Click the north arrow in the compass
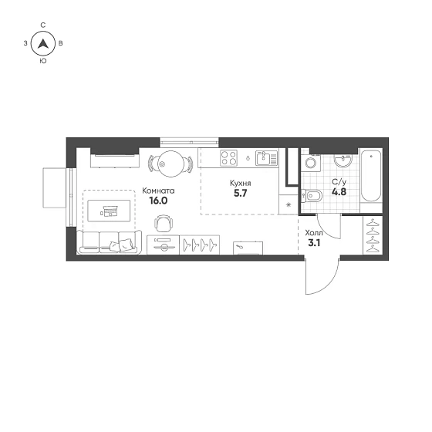[43, 44]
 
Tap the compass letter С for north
[43, 25]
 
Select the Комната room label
[158, 191]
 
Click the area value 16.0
[158, 201]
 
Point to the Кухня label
[241, 184]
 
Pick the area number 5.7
[241, 194]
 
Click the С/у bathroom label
[339, 182]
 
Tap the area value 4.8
[339, 192]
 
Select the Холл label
[314, 233]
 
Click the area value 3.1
[314, 243]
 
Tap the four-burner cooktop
[228, 158]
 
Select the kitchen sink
[266, 158]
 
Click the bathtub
[371, 176]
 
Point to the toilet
[312, 196]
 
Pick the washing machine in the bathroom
[311, 163]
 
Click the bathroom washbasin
[343, 160]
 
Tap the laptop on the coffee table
[109, 211]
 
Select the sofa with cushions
[109, 242]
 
